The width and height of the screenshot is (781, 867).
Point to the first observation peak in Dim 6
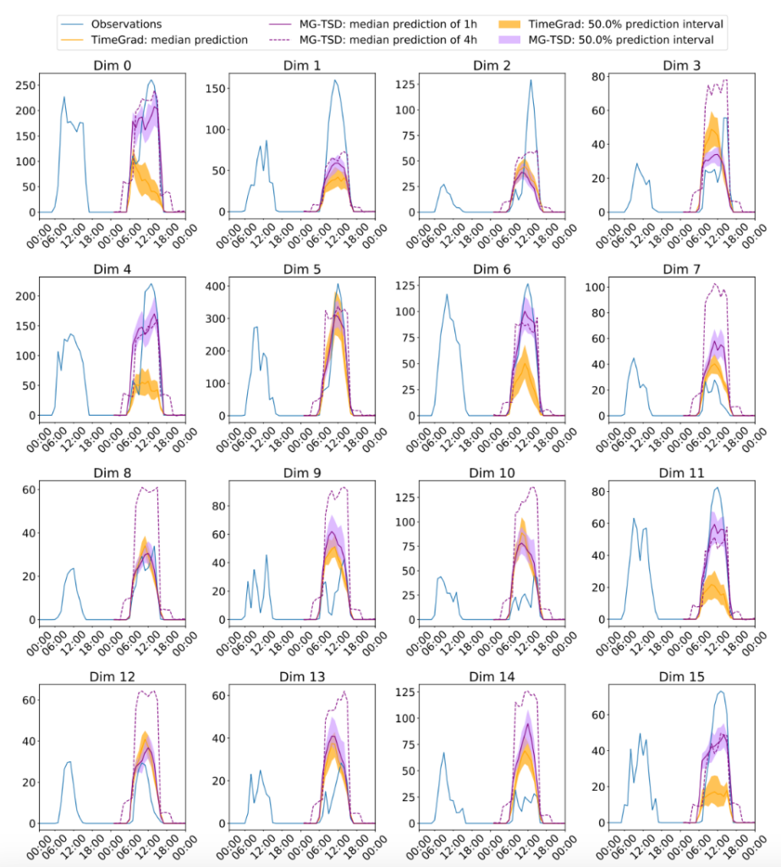pos(447,295)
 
